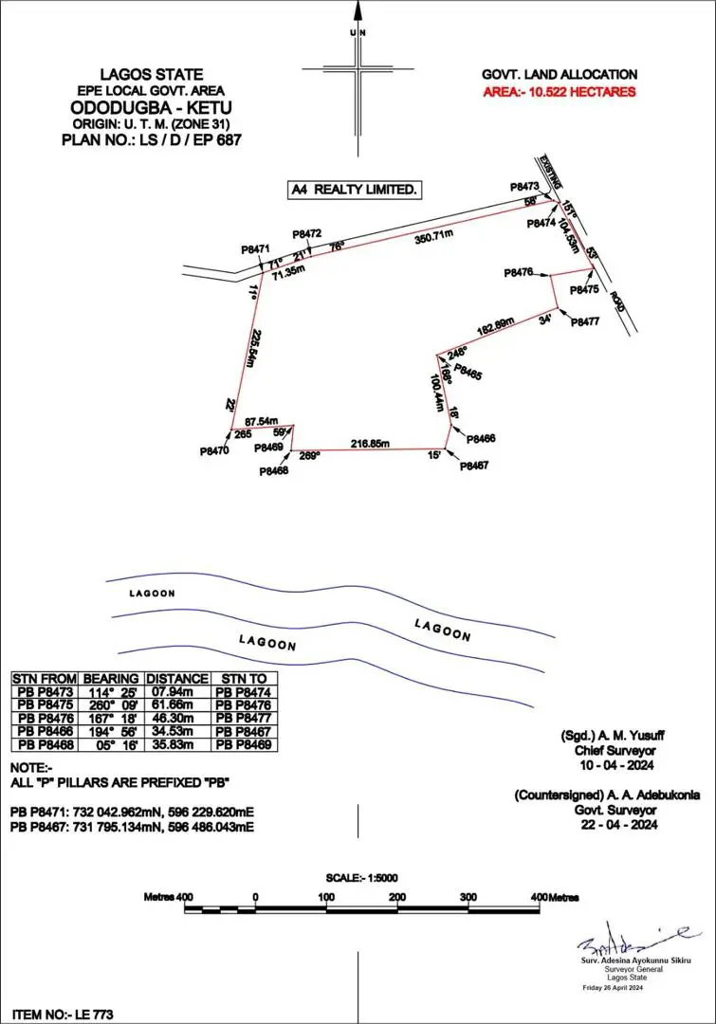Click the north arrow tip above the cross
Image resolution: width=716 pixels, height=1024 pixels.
coord(358,8)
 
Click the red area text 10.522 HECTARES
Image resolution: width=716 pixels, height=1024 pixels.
coord(559,92)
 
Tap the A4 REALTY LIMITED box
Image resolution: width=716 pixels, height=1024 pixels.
coord(354,190)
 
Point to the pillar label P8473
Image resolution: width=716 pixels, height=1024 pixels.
coord(523,188)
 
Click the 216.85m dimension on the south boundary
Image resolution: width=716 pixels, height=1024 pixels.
coord(371,443)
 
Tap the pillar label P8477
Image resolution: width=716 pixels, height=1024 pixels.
coord(585,322)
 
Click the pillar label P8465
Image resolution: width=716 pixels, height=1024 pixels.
coord(468,373)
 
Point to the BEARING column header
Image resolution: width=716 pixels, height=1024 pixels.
coord(111,679)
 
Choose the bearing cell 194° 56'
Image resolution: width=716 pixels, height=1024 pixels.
coord(111,731)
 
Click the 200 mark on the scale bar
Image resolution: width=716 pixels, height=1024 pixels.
coord(397,896)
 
